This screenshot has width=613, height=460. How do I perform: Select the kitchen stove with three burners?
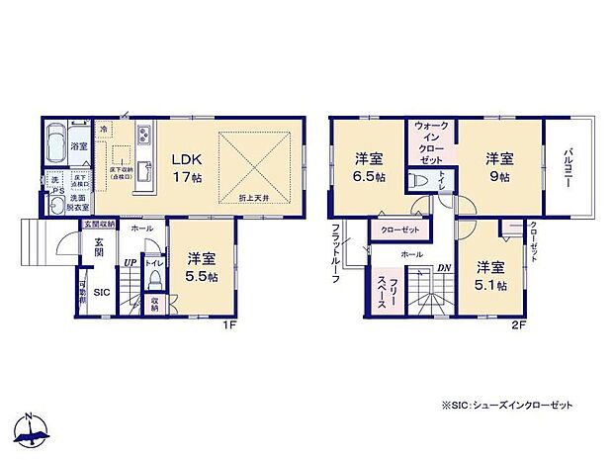145,136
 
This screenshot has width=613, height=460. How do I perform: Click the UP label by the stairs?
130,263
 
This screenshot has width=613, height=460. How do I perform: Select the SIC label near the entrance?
101,293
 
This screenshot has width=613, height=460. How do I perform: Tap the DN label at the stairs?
445,266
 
